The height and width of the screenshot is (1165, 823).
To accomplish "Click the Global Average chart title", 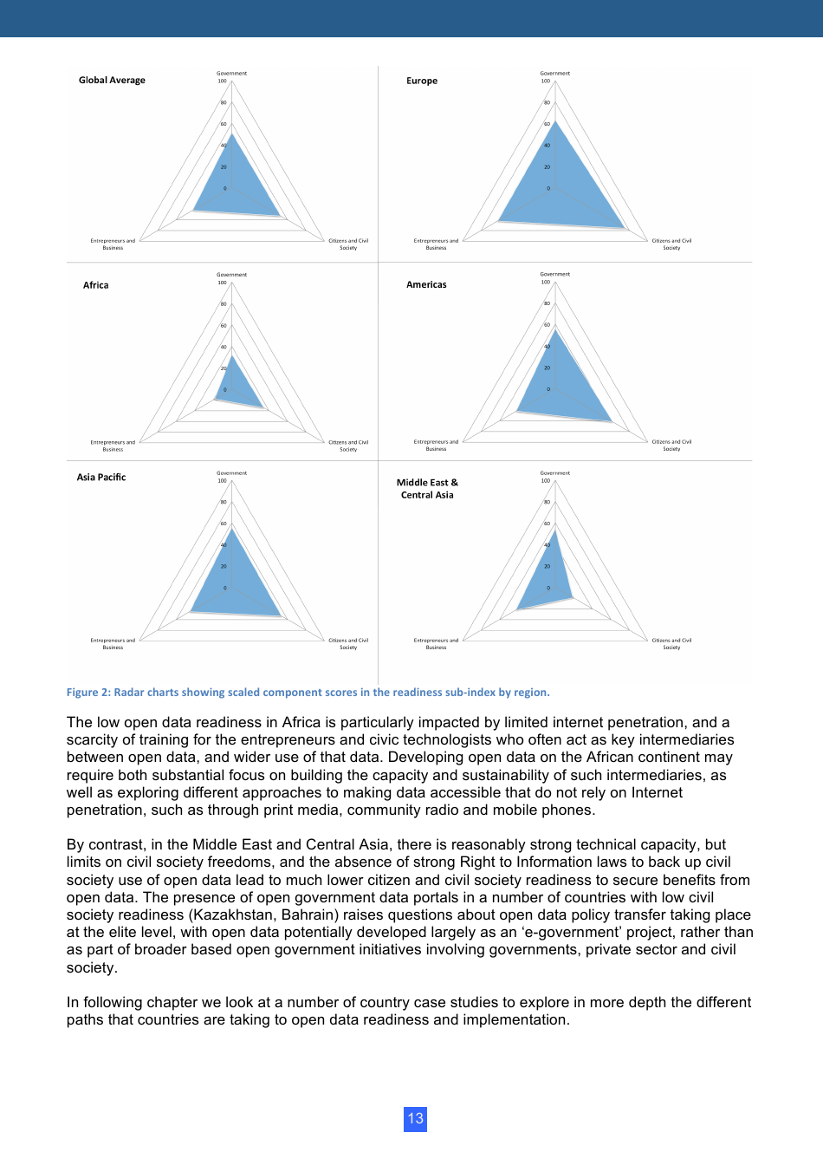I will click(x=112, y=80).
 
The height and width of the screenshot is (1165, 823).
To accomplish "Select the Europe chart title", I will click(x=422, y=81).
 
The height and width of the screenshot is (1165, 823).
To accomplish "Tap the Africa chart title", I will click(x=95, y=284).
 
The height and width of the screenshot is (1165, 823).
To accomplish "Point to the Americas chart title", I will click(x=426, y=284).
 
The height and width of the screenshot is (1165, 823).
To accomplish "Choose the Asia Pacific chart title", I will click(x=101, y=477).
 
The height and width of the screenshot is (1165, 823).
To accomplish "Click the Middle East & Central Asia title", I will click(x=427, y=489).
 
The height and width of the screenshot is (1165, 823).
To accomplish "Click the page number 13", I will click(x=416, y=1118).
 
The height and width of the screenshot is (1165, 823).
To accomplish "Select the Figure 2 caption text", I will click(x=308, y=692).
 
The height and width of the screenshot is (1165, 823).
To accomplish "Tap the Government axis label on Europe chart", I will click(x=555, y=73).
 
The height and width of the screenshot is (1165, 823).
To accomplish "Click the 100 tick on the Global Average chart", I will click(x=222, y=81).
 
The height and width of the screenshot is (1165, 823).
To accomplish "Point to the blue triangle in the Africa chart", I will click(x=236, y=387).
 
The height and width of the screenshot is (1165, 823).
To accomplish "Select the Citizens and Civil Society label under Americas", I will click(x=671, y=445).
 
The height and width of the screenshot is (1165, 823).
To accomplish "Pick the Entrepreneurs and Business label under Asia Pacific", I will click(x=113, y=643).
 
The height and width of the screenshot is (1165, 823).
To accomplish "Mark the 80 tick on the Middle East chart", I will click(x=547, y=502).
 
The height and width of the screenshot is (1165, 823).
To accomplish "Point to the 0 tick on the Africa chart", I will click(x=225, y=389).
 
